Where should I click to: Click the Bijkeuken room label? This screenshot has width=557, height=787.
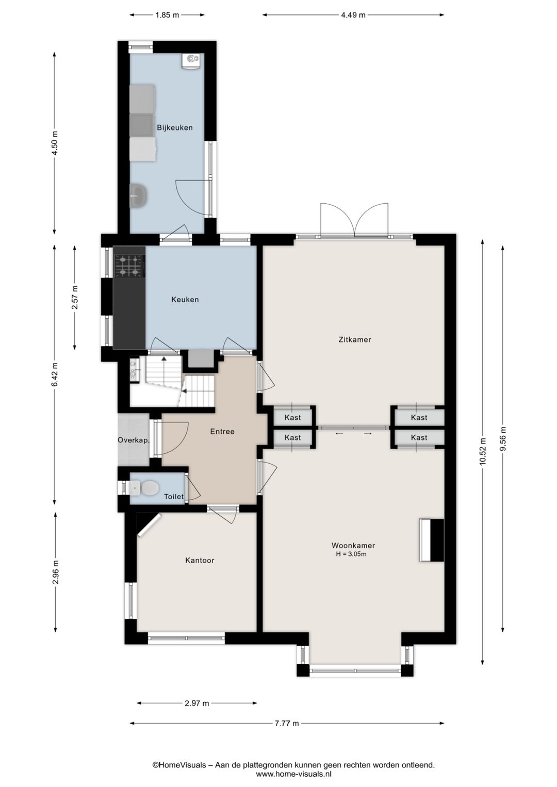coord(175,127)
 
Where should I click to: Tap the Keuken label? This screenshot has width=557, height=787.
coord(185,300)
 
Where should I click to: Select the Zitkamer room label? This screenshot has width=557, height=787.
coord(355,340)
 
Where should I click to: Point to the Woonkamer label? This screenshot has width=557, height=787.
coord(353,546)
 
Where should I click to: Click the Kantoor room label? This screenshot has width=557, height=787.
coord(200,561)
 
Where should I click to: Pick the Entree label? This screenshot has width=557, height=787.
coord(222,432)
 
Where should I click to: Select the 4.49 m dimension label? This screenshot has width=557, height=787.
coord(353,15)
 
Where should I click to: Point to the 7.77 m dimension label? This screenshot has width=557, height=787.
coord(287,723)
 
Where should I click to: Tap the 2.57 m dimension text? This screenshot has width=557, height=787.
coord(74,297)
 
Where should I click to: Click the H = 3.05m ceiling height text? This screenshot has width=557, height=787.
coord(351,554)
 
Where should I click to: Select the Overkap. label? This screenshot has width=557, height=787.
coord(134,440)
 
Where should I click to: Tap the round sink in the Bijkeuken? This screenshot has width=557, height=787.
coord(139,195)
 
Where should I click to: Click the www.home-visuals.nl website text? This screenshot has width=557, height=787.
coord(293,773)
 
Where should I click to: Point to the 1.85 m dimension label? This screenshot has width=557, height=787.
coord(167,15)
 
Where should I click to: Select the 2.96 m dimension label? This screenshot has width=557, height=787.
coord(55,572)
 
